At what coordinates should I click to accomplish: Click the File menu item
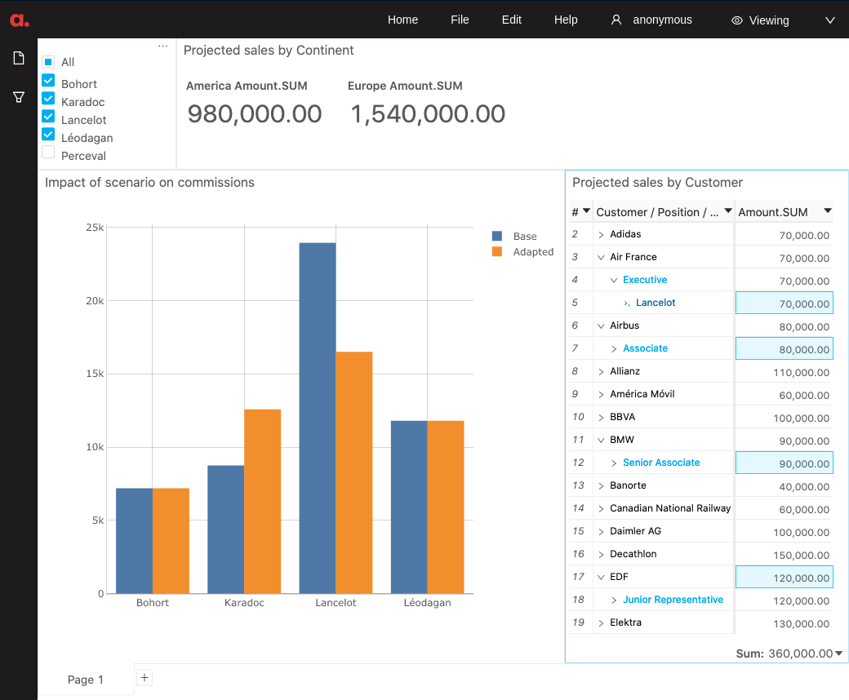click(460, 20)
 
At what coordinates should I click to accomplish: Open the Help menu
click(566, 20)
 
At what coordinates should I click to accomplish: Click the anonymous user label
click(662, 20)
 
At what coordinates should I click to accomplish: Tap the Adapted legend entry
click(532, 252)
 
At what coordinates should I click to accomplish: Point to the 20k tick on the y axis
click(95, 301)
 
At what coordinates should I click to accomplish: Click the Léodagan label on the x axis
click(427, 603)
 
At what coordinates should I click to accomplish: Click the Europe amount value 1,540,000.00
click(428, 114)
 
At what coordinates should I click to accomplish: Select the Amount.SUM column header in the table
click(773, 212)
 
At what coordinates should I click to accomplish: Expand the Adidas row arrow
click(601, 235)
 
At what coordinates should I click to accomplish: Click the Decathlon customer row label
click(633, 554)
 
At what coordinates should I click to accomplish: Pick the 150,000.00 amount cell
click(799, 555)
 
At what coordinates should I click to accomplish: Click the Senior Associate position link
click(661, 463)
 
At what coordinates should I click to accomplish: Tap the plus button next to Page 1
click(144, 677)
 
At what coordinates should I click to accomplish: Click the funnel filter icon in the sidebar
click(18, 97)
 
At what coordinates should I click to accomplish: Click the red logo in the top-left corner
click(20, 20)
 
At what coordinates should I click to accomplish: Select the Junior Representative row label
click(673, 600)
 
